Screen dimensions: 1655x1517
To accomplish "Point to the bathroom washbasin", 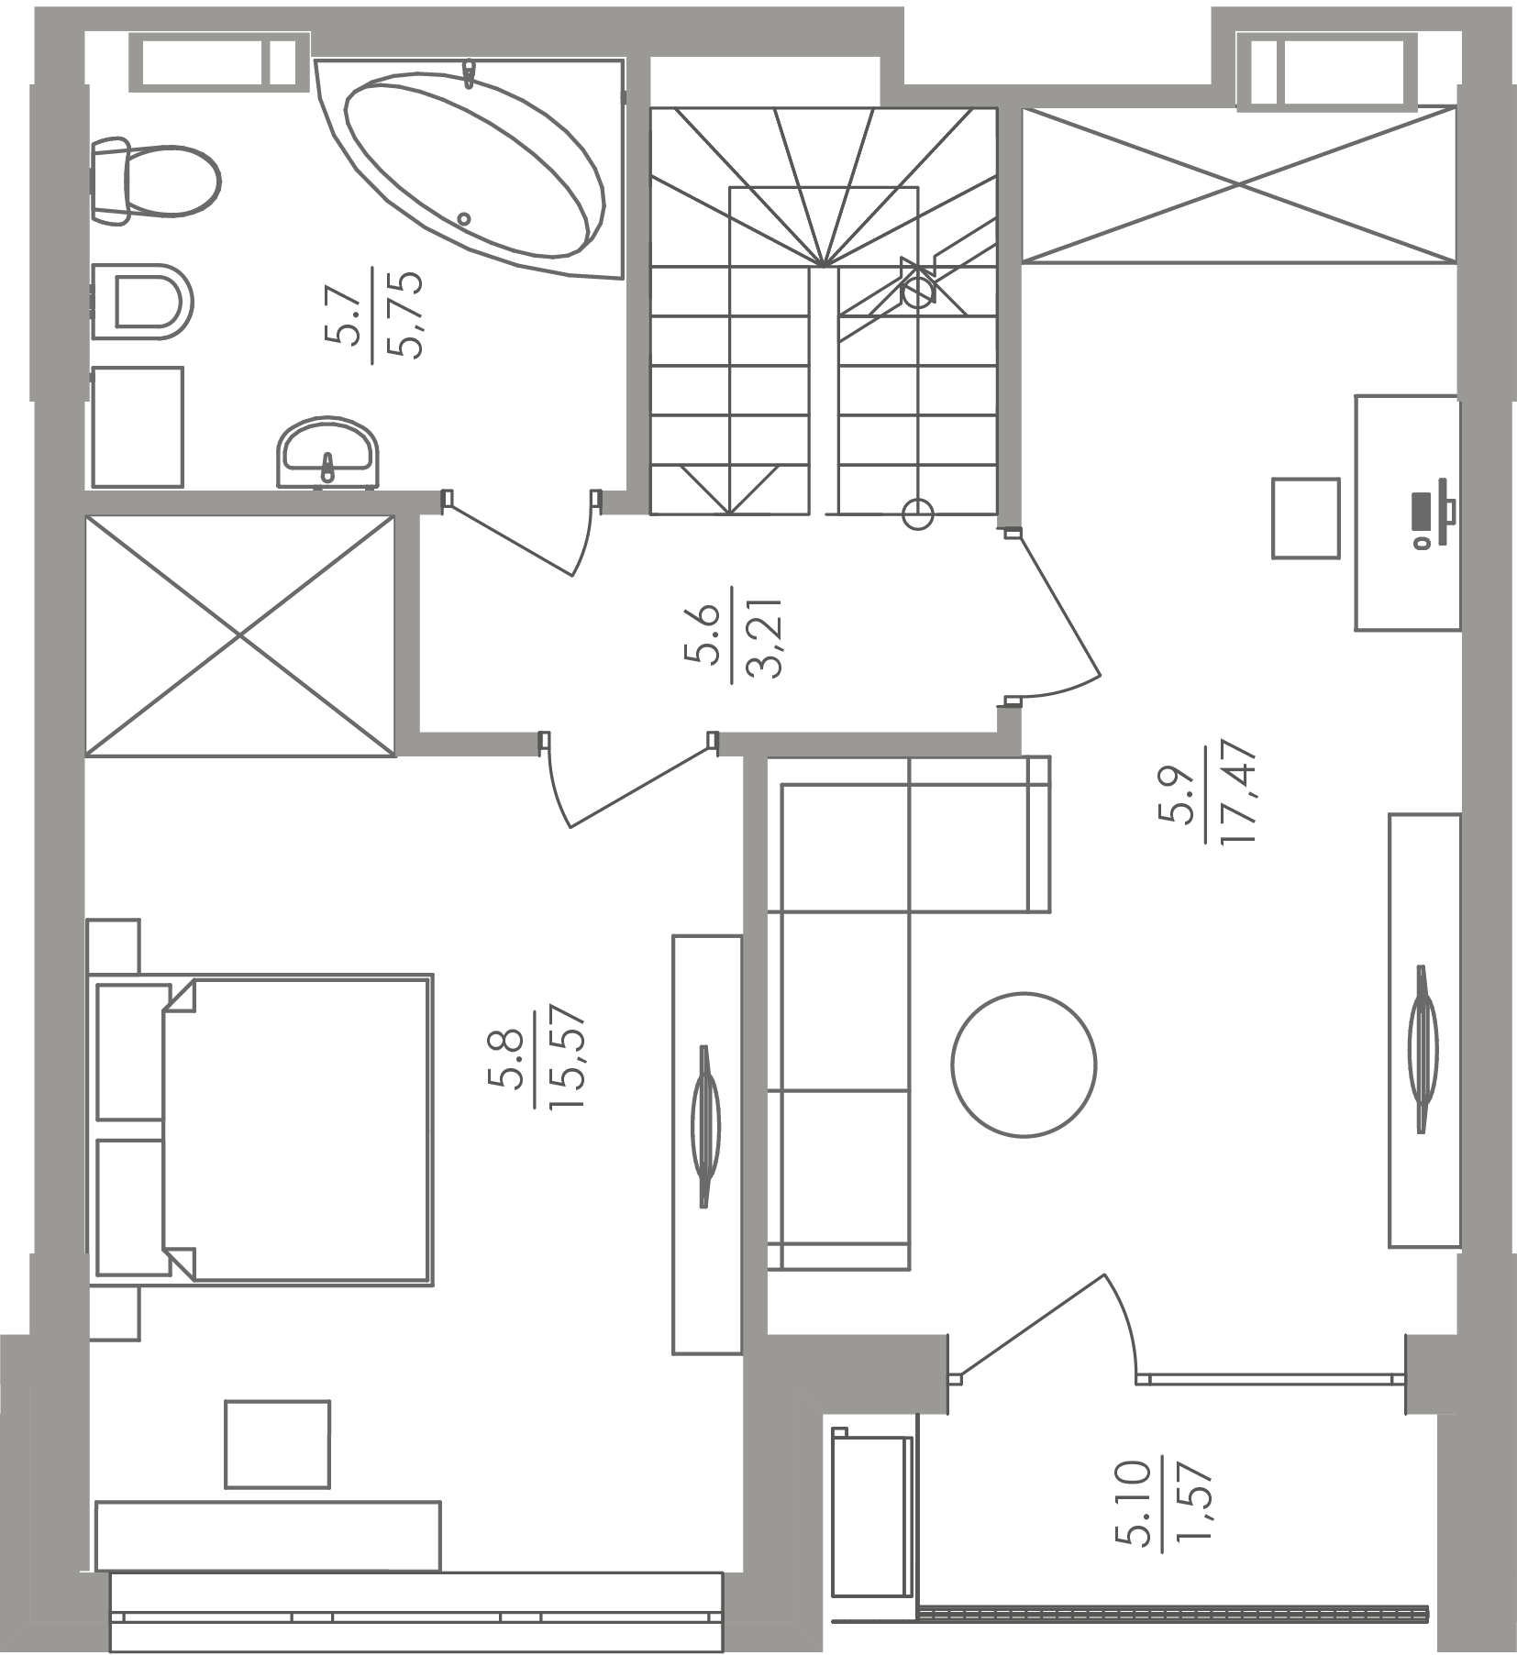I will click(x=327, y=451).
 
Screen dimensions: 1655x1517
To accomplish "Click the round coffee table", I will click(x=1024, y=1064).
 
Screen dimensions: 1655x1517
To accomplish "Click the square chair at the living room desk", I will click(x=1306, y=517).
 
